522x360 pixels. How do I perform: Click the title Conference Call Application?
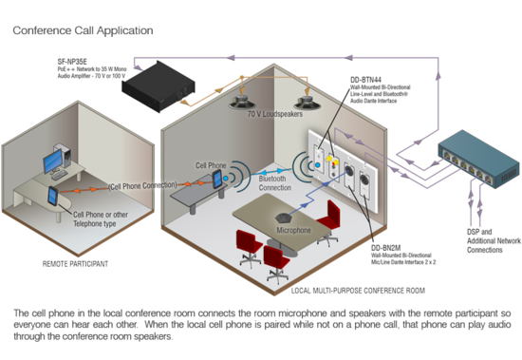(83, 30)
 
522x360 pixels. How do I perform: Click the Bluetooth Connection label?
(275, 183)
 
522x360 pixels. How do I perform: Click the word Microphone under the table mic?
(293, 230)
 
